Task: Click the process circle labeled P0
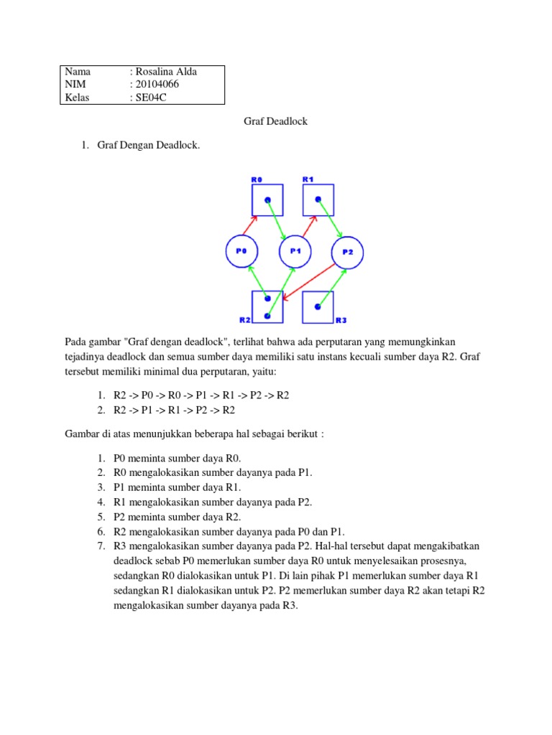[x=242, y=251]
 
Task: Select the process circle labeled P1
[x=295, y=251]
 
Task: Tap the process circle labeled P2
[x=347, y=252]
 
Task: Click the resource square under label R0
[x=267, y=200]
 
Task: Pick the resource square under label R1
[x=318, y=200]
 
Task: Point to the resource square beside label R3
[x=318, y=306]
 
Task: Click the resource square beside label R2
[x=267, y=306]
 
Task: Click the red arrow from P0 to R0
[x=252, y=225]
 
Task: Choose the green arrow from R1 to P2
[x=330, y=218]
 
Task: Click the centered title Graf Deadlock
[x=276, y=121]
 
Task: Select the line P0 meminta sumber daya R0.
[x=178, y=457]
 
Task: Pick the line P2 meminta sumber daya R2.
[x=178, y=516]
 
